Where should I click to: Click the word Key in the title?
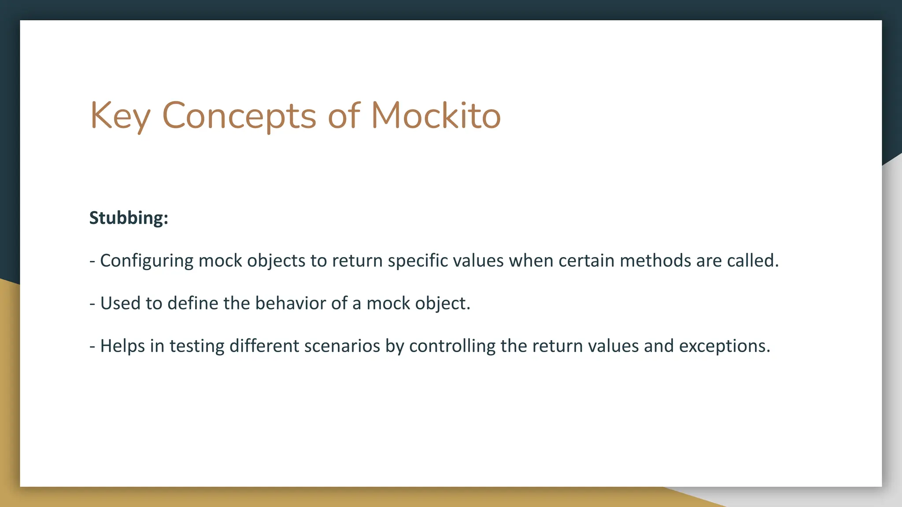click(120, 116)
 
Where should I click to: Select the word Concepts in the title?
click(239, 116)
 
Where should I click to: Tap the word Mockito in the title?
click(436, 115)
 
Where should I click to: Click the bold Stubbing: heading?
click(129, 218)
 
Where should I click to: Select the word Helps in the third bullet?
click(122, 346)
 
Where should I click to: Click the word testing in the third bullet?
click(197, 346)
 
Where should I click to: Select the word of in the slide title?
click(344, 116)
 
